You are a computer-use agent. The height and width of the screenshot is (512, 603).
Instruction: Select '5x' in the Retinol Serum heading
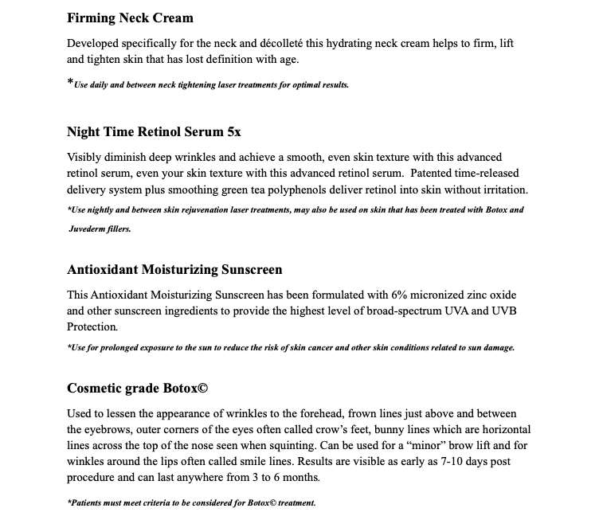click(233, 131)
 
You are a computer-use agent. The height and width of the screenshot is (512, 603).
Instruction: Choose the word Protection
click(92, 326)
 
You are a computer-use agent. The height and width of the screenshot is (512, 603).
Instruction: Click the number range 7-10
click(451, 462)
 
